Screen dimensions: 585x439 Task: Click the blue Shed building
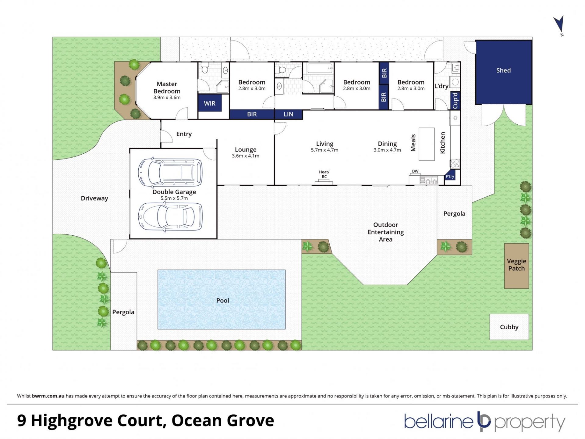(x=504, y=72)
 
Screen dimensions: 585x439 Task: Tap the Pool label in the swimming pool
(x=222, y=300)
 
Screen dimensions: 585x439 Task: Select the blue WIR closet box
(x=210, y=103)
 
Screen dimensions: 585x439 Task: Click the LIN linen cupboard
(x=288, y=114)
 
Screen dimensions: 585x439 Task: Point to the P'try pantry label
(x=450, y=177)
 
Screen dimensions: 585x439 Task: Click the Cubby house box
(x=509, y=327)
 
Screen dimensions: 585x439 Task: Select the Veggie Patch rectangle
(x=516, y=266)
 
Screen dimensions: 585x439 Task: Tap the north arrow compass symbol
(x=559, y=24)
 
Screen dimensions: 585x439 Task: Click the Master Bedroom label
(x=167, y=87)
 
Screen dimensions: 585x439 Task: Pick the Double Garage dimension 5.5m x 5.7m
(x=174, y=198)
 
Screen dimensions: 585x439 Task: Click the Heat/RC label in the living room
(x=324, y=174)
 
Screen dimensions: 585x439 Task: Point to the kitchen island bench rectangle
(x=427, y=144)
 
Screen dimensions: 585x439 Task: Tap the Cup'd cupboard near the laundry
(x=455, y=101)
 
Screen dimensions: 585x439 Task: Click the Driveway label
(x=94, y=198)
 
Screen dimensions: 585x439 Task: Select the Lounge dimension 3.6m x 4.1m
(x=246, y=156)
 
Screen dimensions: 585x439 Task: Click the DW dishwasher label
(x=415, y=171)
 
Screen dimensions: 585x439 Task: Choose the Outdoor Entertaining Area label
(x=386, y=232)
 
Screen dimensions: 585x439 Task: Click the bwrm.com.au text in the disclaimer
(x=48, y=396)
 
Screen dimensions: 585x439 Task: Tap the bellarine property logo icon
(x=484, y=421)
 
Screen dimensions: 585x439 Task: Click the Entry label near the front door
(x=184, y=134)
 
